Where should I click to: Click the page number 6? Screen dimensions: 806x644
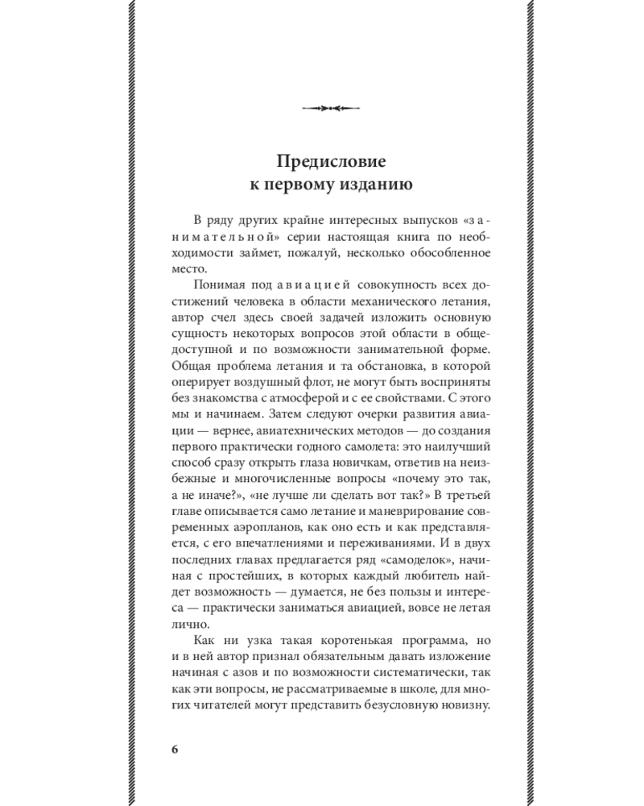coord(175,747)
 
